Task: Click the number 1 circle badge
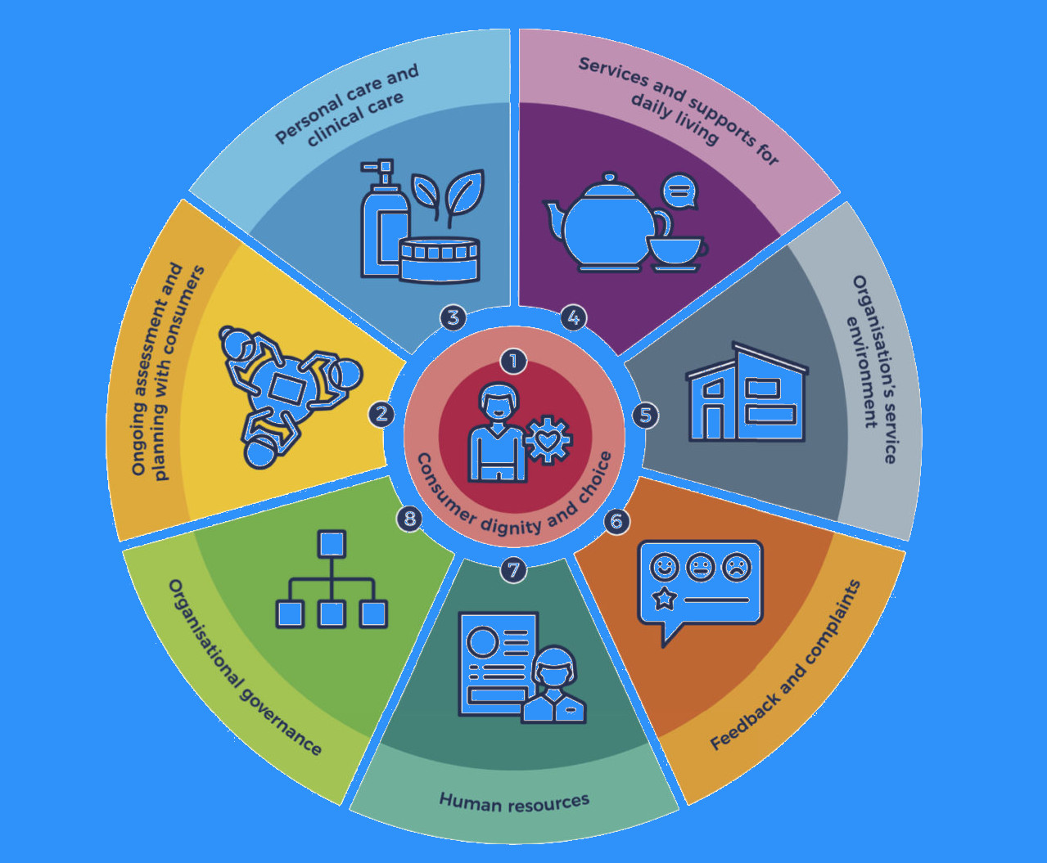513,361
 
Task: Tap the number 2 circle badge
381,414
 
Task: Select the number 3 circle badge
453,317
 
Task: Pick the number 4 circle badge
574,317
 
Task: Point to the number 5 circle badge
645,416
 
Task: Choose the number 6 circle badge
616,521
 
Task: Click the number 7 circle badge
513,569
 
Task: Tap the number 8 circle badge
409,519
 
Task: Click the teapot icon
607,221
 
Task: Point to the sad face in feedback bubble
737,566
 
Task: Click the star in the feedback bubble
663,600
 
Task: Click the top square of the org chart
331,544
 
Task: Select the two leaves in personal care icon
448,196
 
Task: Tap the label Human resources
514,802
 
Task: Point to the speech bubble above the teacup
679,191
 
